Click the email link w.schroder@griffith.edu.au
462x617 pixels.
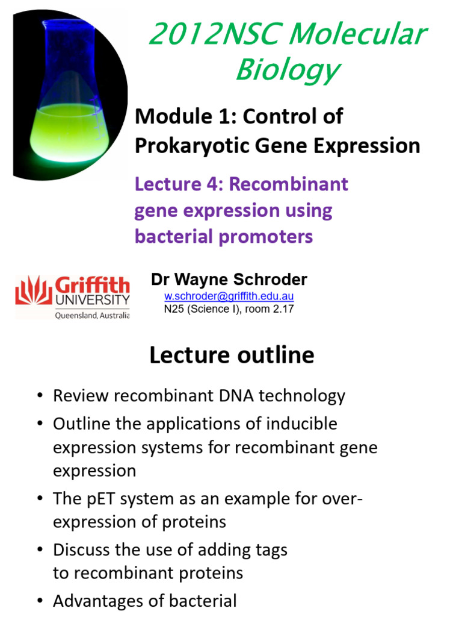click(x=229, y=296)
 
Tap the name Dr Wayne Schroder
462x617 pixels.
click(x=229, y=280)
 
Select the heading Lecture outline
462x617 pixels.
click(x=232, y=355)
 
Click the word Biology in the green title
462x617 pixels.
click(x=287, y=70)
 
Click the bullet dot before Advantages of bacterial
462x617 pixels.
click(x=40, y=601)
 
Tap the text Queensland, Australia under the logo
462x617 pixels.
click(x=91, y=315)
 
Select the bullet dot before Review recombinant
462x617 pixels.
click(x=40, y=396)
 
